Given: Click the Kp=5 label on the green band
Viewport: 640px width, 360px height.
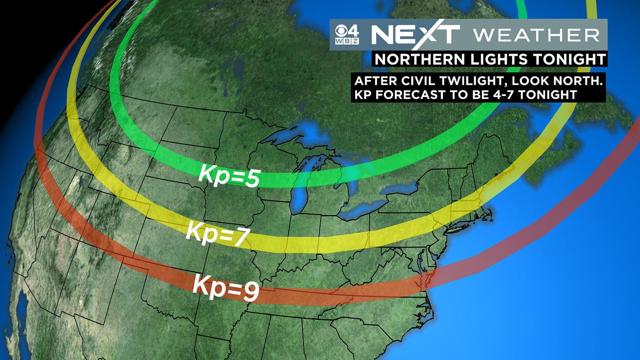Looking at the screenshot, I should (x=228, y=176).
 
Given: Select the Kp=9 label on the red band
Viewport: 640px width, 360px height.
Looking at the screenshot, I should (x=226, y=287).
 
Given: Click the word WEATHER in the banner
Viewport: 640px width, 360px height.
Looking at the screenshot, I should (x=536, y=35).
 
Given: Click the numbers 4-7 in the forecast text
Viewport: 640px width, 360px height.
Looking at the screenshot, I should (x=499, y=94).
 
